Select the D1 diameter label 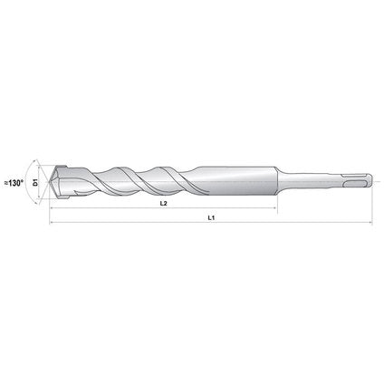point(35,182)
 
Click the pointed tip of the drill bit point(52,182)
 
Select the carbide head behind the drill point point(64,182)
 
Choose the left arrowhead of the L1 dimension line point(53,222)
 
